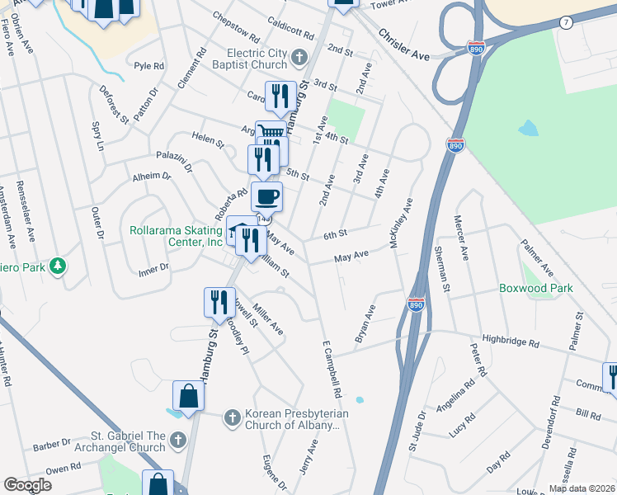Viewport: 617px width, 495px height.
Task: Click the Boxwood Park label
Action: click(535, 289)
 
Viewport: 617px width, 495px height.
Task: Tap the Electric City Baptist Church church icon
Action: click(299, 58)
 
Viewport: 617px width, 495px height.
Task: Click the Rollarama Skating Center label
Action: click(177, 237)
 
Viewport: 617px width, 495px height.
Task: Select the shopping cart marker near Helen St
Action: click(271, 133)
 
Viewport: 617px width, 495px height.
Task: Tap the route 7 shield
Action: click(564, 22)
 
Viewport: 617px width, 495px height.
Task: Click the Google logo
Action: click(28, 485)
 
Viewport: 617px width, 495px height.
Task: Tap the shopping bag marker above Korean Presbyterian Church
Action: click(188, 396)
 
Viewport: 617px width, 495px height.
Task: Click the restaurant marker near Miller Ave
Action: click(219, 303)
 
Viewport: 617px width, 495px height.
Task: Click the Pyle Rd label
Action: click(149, 65)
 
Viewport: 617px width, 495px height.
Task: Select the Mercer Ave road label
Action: click(460, 238)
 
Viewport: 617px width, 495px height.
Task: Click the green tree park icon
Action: click(58, 266)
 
